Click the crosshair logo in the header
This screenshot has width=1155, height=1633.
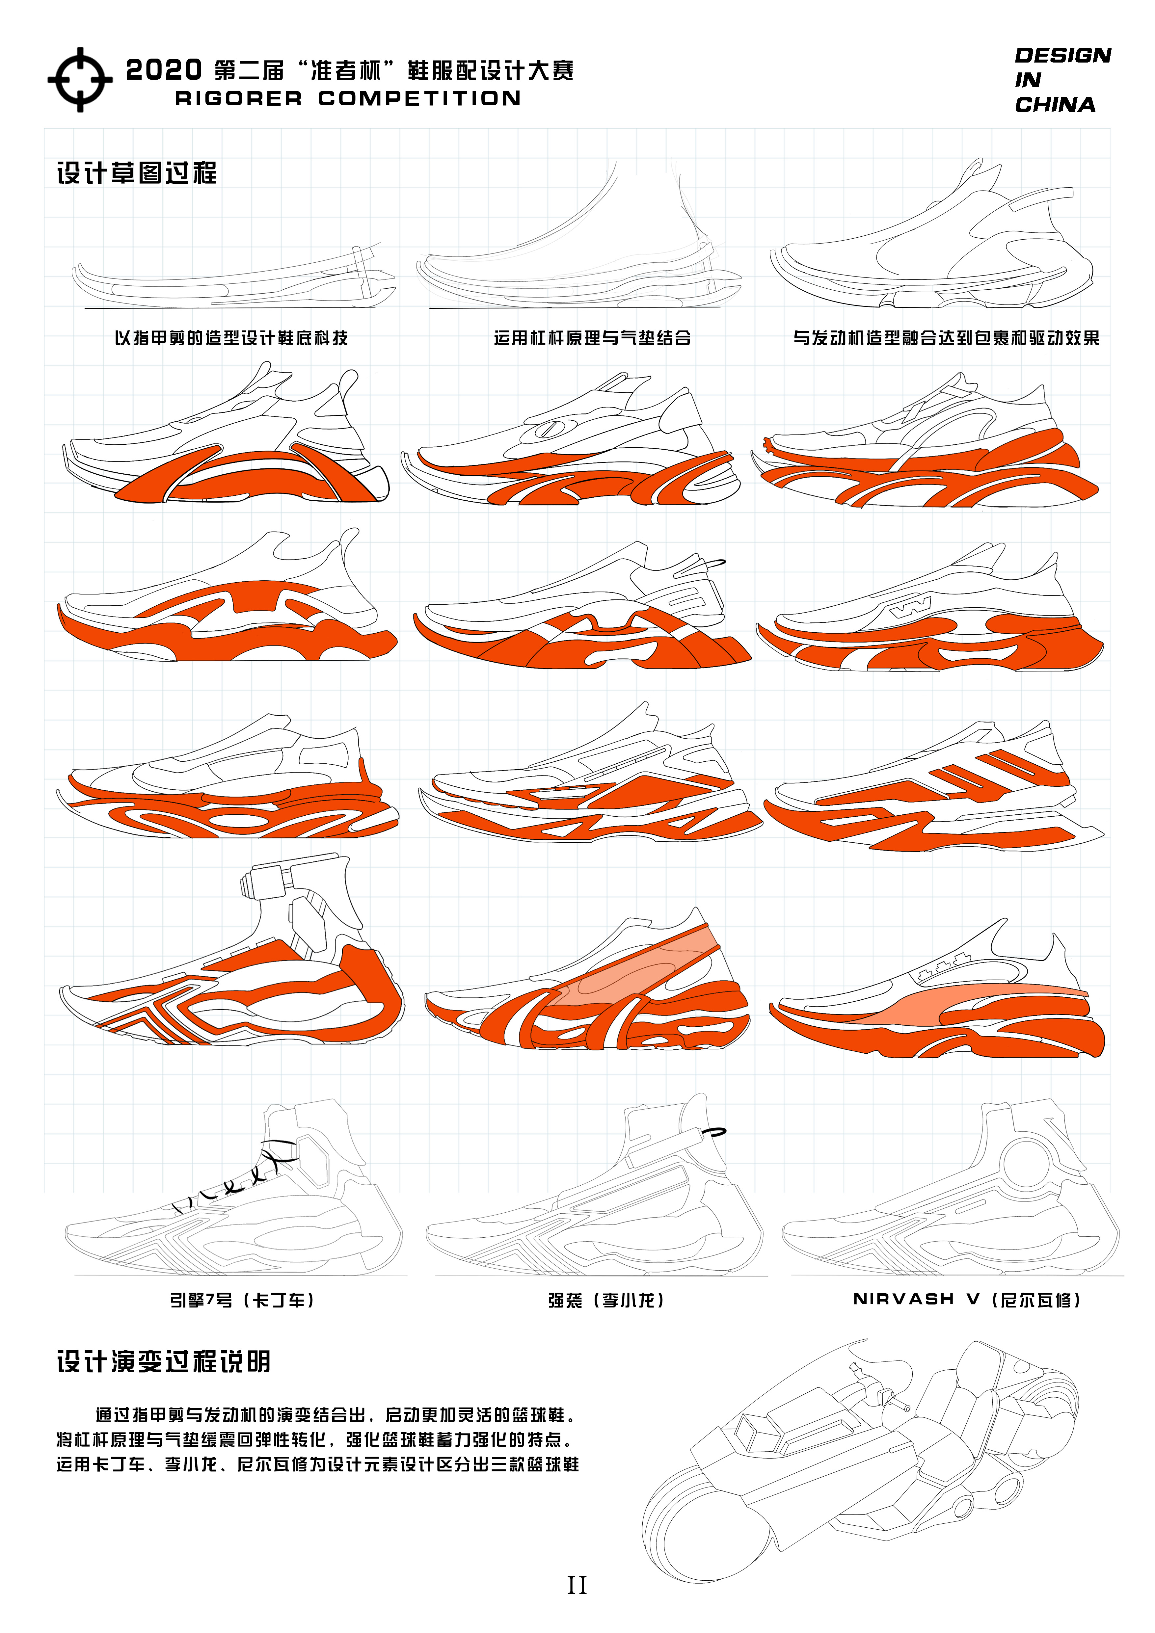click(x=80, y=80)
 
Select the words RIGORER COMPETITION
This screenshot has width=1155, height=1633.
click(x=348, y=99)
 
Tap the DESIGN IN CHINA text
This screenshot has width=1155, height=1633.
click(x=1062, y=80)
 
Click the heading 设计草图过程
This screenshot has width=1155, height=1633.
click(x=137, y=173)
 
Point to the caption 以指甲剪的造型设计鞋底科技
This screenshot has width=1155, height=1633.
click(x=231, y=338)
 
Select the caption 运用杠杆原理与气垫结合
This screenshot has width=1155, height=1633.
click(x=592, y=338)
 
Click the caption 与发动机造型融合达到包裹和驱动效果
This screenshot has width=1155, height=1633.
click(x=946, y=338)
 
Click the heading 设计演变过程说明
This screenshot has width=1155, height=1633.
click(x=164, y=1362)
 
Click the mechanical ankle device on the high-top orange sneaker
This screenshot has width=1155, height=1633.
click(x=267, y=882)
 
